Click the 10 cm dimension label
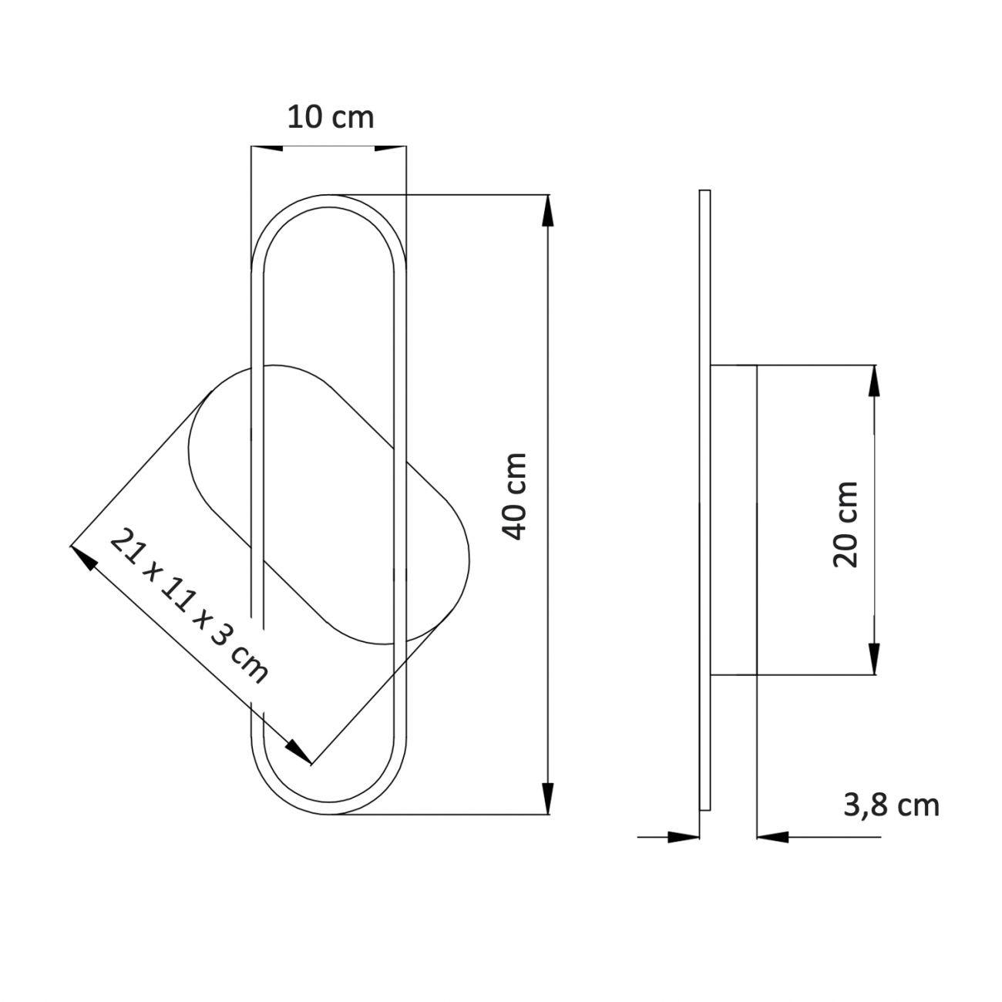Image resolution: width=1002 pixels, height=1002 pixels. (x=330, y=117)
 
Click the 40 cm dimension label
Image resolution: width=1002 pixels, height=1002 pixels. (x=514, y=496)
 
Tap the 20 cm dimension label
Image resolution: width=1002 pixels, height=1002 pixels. (x=845, y=524)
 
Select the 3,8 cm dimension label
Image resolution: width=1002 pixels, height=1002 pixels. (x=891, y=805)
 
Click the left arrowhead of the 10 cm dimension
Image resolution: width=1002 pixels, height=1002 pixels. (x=267, y=148)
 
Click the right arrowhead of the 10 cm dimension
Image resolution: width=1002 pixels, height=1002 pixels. (x=390, y=148)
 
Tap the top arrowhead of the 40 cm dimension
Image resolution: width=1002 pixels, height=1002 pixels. (x=547, y=210)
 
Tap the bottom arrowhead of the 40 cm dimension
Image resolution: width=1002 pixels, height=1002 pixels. (x=547, y=799)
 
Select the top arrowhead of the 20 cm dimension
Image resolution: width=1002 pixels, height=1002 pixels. (x=874, y=381)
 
